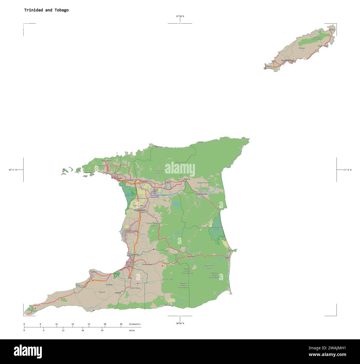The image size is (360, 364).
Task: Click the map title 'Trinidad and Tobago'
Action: (x=46, y=10)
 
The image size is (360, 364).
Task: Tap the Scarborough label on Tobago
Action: (x=288, y=60)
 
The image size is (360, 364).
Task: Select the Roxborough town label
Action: (x=323, y=46)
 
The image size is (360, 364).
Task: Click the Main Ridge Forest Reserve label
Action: (x=317, y=38)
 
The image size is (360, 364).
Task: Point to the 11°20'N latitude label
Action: (x=180, y=16)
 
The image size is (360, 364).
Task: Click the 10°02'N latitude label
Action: (x=180, y=323)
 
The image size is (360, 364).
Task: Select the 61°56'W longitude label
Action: (x=13, y=170)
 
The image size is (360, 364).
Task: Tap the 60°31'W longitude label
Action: (x=347, y=170)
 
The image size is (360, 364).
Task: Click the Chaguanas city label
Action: (x=140, y=210)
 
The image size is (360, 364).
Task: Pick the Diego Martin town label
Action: (x=107, y=161)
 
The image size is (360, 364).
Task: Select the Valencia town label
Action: (x=187, y=179)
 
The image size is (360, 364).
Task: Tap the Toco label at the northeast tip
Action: (x=243, y=138)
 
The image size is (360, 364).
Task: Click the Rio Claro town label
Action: (x=191, y=256)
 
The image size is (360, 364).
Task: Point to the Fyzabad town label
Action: (x=109, y=284)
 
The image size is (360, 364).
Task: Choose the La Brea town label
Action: (x=94, y=272)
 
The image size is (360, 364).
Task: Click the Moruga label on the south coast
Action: (x=168, y=305)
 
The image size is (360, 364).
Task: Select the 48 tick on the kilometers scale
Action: (x=121, y=324)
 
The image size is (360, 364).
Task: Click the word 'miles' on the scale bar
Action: (x=132, y=330)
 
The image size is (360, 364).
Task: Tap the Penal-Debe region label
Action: (x=135, y=288)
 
